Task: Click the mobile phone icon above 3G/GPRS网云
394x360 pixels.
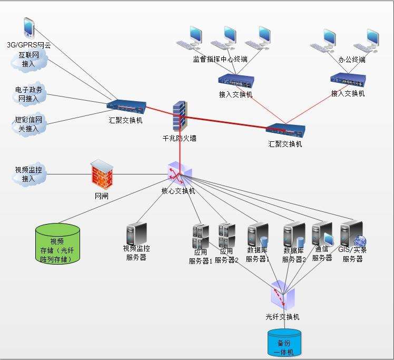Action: coord(28,27)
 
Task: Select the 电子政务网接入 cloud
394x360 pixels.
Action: coord(29,94)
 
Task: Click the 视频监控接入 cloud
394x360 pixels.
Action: coord(29,174)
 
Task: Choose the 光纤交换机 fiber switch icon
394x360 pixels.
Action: coord(283,295)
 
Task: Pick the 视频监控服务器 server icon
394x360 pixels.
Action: coord(136,233)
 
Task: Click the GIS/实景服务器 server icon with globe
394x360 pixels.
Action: coord(352,233)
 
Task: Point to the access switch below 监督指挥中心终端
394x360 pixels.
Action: coord(235,82)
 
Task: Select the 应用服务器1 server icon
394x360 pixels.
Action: coord(201,236)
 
